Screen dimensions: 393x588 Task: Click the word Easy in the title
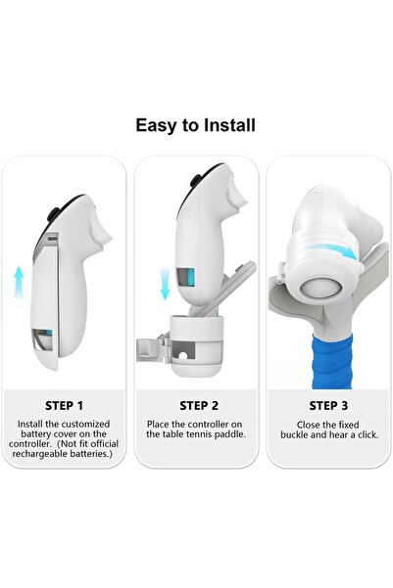click(157, 126)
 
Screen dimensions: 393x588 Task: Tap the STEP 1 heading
click(64, 406)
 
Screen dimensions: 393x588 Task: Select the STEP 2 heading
click(199, 406)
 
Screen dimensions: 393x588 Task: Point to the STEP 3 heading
click(328, 406)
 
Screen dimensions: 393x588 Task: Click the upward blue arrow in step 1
click(19, 282)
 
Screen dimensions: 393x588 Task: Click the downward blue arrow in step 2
click(165, 284)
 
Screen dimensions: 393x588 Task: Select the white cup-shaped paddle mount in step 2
click(198, 345)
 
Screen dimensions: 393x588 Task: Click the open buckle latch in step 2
click(151, 350)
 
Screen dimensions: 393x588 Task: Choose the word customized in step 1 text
click(85, 425)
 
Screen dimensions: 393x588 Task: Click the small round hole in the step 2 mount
click(183, 355)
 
